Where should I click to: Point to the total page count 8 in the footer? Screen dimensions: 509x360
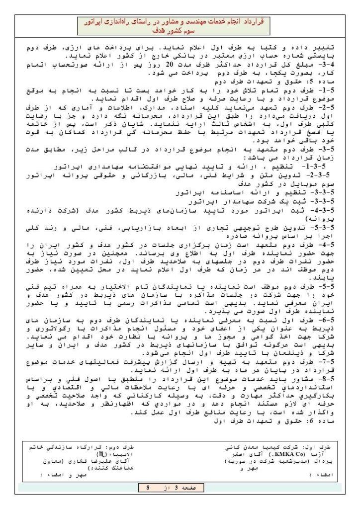(x=148, y=488)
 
